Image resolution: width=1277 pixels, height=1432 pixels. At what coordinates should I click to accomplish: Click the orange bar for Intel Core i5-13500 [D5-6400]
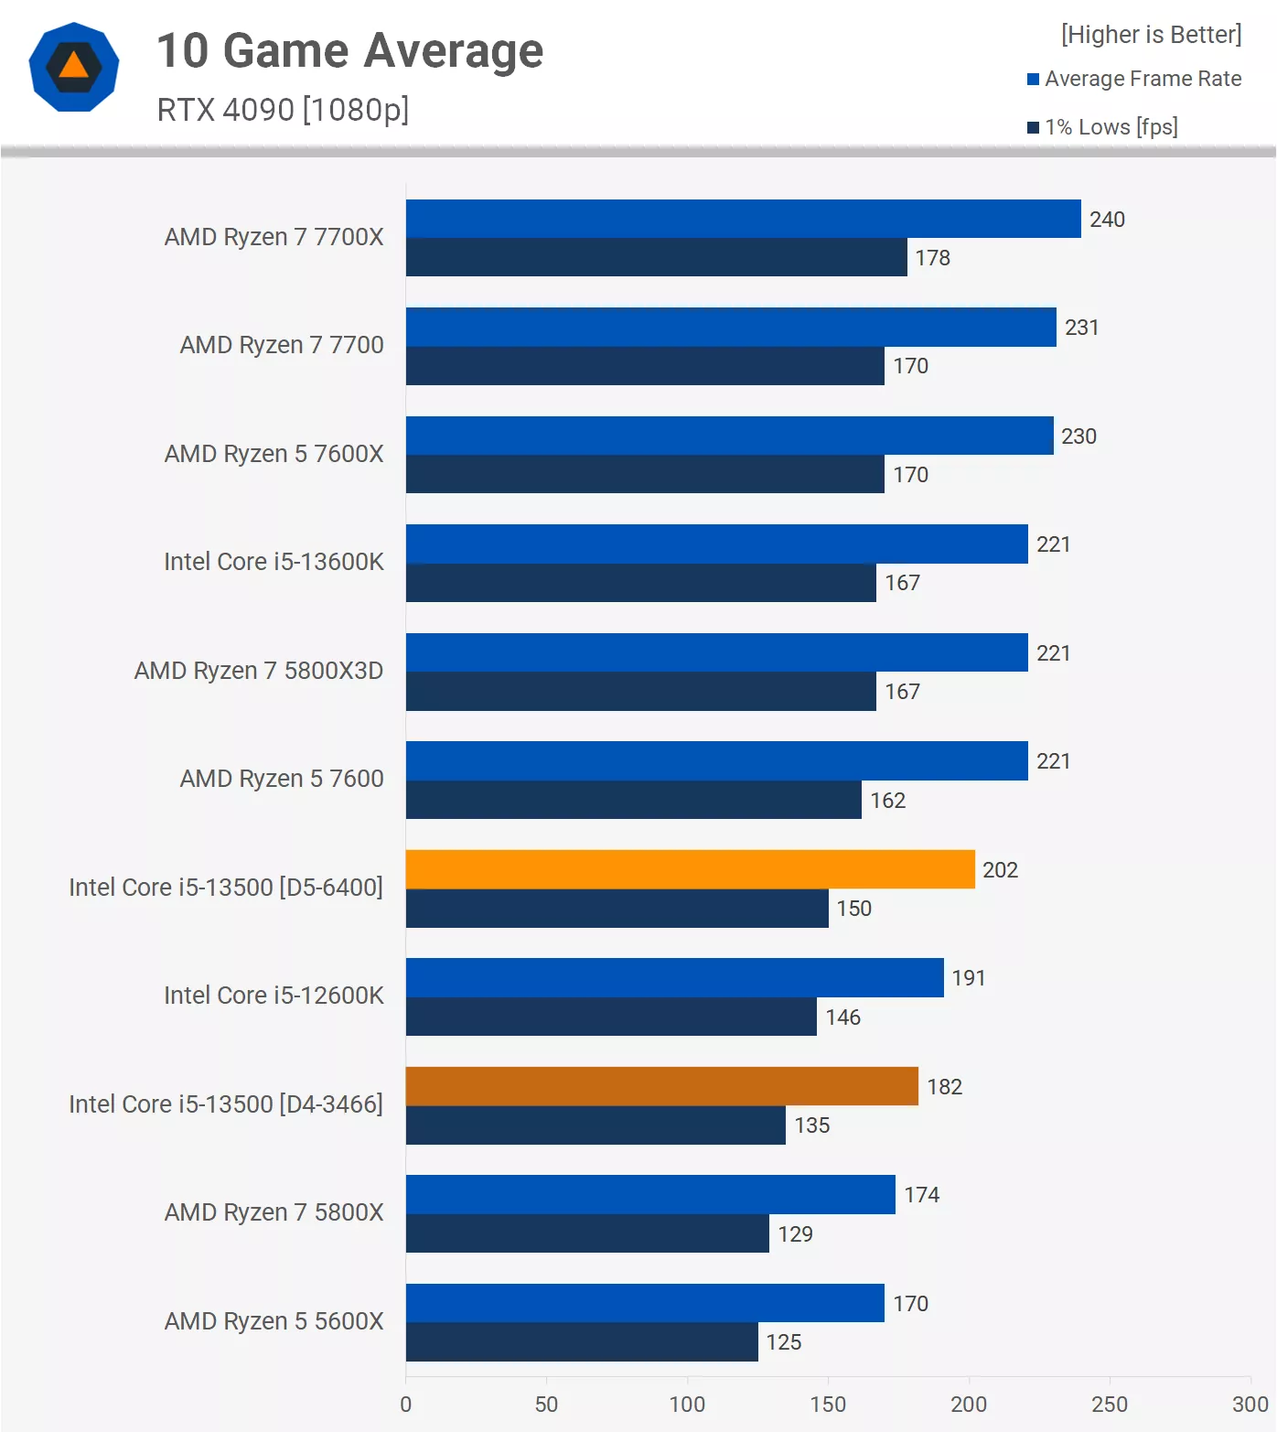coord(690,869)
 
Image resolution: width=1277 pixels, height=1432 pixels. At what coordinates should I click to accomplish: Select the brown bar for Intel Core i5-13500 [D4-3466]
coord(661,1086)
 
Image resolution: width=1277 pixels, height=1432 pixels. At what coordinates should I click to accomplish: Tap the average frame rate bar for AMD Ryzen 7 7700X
coord(743,219)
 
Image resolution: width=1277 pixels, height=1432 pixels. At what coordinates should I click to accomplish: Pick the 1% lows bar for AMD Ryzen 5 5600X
coord(582,1341)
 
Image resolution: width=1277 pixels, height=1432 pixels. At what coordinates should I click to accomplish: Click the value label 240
coord(1107,220)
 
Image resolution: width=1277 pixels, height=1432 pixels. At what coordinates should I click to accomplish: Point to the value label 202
coord(1000,870)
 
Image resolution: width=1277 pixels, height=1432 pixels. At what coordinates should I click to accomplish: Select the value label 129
coord(795,1234)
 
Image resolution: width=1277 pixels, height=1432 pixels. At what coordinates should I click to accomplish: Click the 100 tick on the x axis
coord(687,1405)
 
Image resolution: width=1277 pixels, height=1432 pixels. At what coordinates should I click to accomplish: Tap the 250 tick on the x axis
coord(1110,1405)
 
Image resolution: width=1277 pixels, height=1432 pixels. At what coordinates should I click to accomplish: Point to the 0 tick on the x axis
coord(406,1405)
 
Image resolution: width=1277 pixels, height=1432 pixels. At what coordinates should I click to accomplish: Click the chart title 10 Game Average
coord(349,50)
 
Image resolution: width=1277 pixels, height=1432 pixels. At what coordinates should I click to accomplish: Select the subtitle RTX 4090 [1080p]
coord(283,110)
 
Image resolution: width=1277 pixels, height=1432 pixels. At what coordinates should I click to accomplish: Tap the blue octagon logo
coord(74,67)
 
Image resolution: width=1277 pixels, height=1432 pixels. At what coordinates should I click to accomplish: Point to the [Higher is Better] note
coord(1151,35)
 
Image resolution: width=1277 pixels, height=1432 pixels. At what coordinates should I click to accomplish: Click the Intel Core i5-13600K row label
coord(274,562)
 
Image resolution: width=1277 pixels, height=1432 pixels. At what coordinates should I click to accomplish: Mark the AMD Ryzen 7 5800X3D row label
coord(259,671)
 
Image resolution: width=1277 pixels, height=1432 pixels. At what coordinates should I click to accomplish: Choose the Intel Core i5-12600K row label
coord(274,996)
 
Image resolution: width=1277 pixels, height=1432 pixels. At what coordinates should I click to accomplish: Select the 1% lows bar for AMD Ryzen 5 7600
coord(633,800)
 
